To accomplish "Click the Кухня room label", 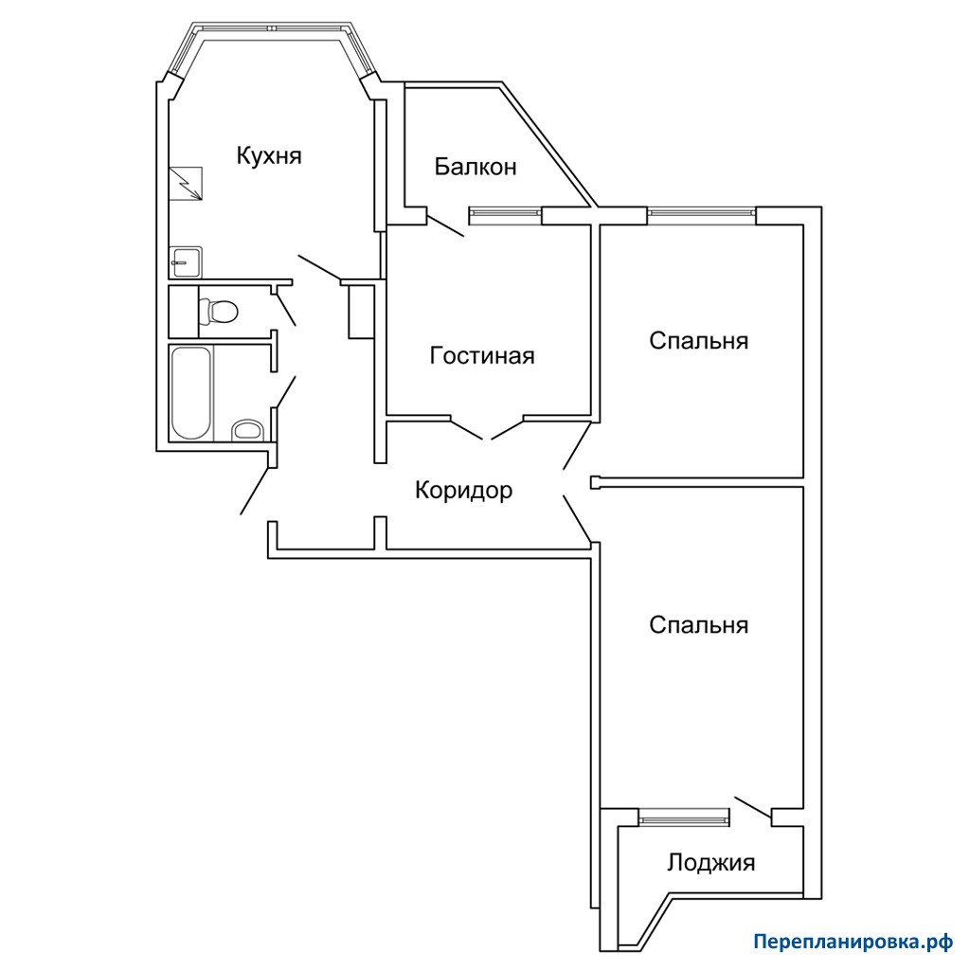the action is (x=269, y=156).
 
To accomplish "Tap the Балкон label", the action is (x=476, y=167).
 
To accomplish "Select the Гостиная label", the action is (x=482, y=356).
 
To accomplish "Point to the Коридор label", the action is (x=463, y=491).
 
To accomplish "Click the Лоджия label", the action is (x=710, y=862).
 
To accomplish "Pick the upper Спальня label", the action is (x=698, y=341).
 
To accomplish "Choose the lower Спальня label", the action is (x=698, y=625).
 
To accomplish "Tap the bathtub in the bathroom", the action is (x=190, y=393).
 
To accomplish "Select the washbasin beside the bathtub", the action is (x=247, y=431).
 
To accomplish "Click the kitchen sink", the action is (x=185, y=262).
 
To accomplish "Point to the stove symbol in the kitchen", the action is (x=186, y=183).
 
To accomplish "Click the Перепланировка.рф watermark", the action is (x=853, y=943).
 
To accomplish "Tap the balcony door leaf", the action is (x=445, y=225).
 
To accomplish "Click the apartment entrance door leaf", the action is (x=256, y=491).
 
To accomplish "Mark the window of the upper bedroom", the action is (x=702, y=215).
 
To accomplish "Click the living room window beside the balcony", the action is (x=506, y=214).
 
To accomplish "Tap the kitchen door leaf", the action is (x=319, y=267).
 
